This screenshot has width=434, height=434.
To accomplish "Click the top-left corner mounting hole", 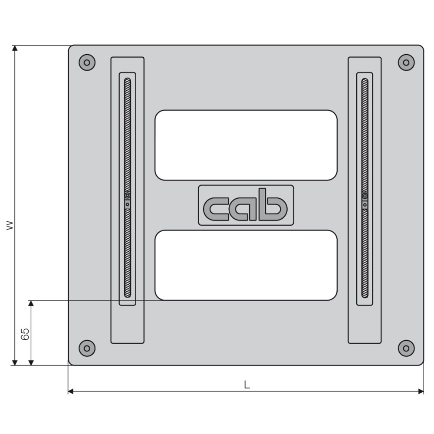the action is [x=87, y=62].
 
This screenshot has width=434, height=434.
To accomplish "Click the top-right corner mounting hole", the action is [x=406, y=62].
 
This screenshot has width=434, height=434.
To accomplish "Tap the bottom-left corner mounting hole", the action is [x=87, y=348].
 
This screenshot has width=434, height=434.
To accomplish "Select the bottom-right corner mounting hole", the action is [x=406, y=348].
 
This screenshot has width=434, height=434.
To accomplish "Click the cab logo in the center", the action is [x=246, y=205].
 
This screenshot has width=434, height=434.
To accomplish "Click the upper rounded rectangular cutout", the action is [x=246, y=145].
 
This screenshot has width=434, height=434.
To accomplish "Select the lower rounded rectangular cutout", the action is [x=246, y=265].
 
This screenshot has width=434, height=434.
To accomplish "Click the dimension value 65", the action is [x=25, y=334].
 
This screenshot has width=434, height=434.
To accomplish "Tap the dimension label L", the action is [x=247, y=385].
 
